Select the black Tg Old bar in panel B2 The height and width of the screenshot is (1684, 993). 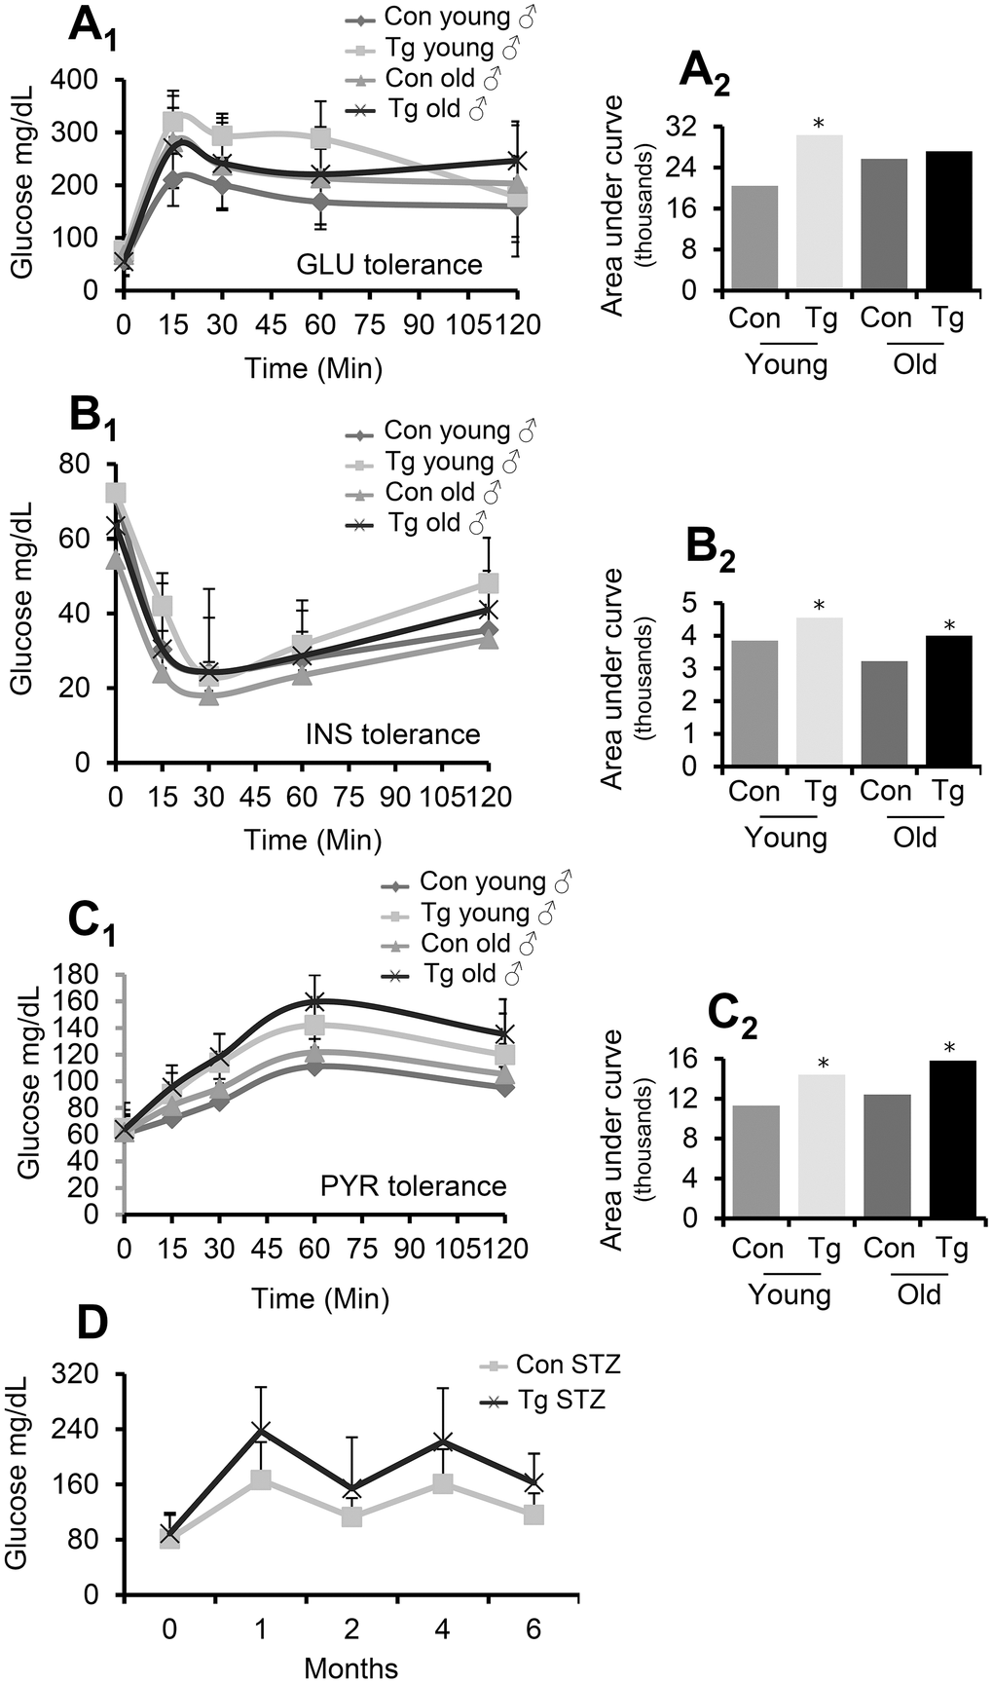pyautogui.click(x=948, y=701)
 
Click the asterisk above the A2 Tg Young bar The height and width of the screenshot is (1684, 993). pyautogui.click(x=819, y=124)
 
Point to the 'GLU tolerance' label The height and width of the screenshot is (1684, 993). pyautogui.click(x=389, y=265)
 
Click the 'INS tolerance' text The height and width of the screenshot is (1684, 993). pyautogui.click(x=391, y=733)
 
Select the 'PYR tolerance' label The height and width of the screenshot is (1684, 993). pyautogui.click(x=414, y=1185)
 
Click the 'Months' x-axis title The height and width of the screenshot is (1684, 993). pyautogui.click(x=350, y=1667)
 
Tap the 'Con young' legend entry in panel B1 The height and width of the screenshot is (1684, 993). pyautogui.click(x=446, y=430)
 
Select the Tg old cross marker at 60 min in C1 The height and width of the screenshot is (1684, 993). pyautogui.click(x=314, y=1001)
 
